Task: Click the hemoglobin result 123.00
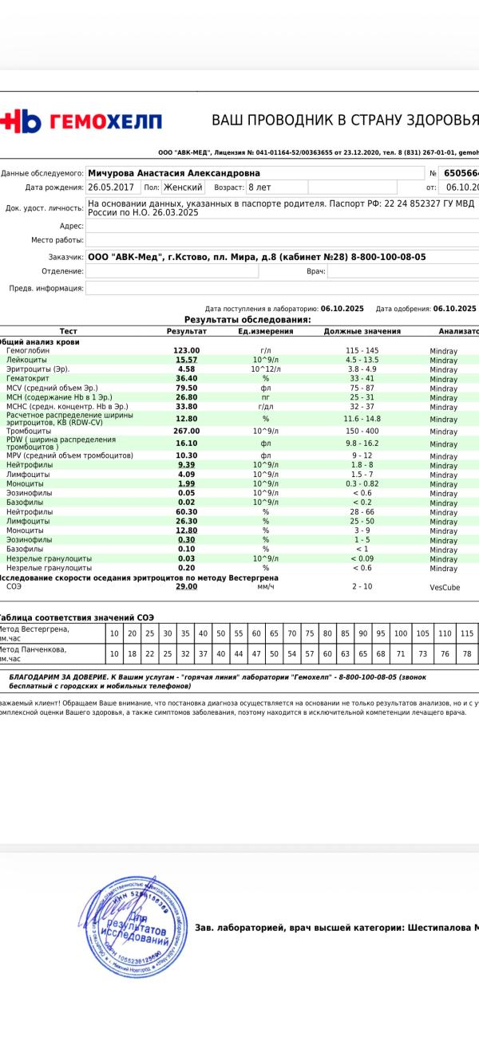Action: click(x=186, y=350)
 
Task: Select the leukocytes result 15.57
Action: click(x=186, y=360)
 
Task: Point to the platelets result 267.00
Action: click(x=186, y=431)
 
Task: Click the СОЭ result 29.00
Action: click(x=186, y=586)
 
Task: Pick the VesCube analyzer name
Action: click(x=445, y=587)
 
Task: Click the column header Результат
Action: click(x=186, y=331)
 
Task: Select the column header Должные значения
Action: click(x=362, y=331)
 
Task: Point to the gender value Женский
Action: click(x=183, y=187)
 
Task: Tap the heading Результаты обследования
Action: click(x=247, y=320)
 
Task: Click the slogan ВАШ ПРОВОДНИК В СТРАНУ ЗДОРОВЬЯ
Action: click(x=344, y=120)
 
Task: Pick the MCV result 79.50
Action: click(x=186, y=388)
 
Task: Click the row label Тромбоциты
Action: click(x=29, y=431)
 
